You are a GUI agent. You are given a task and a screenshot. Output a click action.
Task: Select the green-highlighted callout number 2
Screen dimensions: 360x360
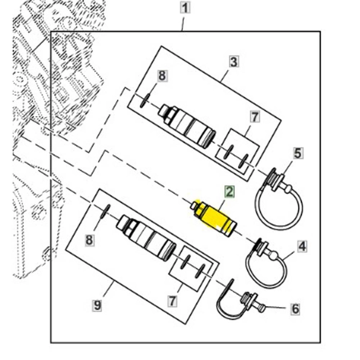pos(229,192)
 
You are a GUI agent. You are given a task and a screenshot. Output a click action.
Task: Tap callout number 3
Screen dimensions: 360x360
pos(233,62)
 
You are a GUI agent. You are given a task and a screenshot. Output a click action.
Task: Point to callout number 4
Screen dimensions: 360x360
pos(302,246)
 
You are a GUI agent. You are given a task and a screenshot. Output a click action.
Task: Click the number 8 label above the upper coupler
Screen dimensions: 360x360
pos(162,77)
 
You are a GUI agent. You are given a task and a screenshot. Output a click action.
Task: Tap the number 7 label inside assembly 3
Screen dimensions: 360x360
pos(255,117)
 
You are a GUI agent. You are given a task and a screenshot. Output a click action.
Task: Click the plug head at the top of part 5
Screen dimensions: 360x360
pos(273,177)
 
